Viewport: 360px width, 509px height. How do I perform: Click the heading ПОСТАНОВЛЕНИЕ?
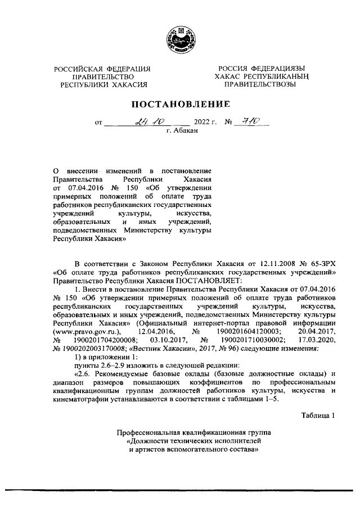tap(181, 105)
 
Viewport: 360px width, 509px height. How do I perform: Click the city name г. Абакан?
tap(181, 130)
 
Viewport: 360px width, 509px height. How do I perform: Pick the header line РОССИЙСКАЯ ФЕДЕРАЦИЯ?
tap(102, 69)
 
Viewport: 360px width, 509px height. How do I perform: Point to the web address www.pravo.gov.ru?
tap(86, 332)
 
